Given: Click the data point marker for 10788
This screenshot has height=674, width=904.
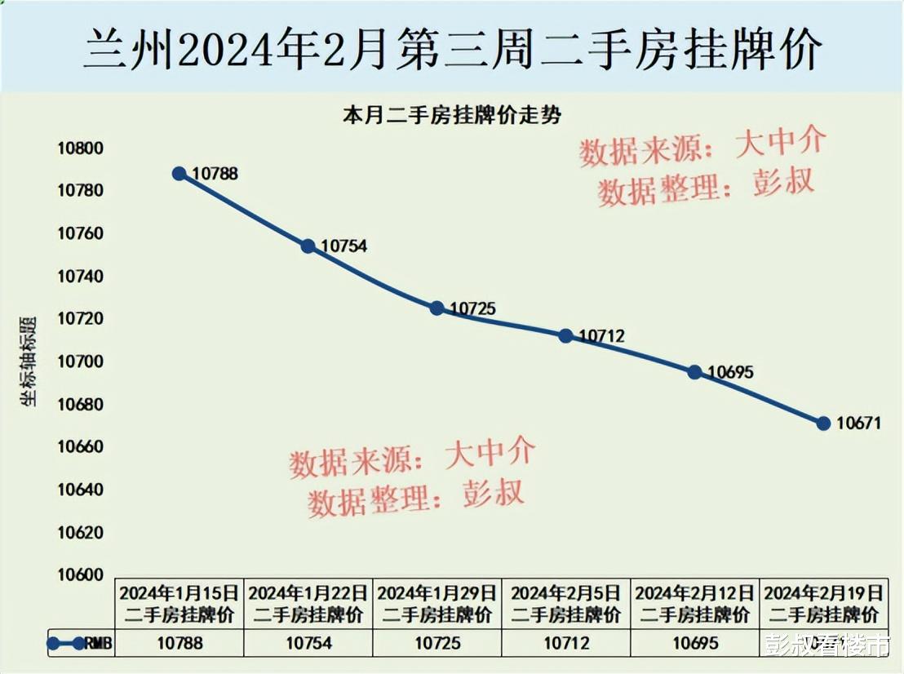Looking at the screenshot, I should click(x=179, y=173).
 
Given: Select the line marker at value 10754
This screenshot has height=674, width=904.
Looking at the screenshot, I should click(x=308, y=246).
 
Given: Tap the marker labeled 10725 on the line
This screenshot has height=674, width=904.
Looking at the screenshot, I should click(x=436, y=308).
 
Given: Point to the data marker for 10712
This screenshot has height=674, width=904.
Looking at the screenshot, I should click(x=565, y=335).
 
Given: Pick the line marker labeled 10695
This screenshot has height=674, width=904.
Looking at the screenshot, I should click(x=694, y=371).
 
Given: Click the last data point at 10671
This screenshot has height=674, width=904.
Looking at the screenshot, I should click(x=823, y=423).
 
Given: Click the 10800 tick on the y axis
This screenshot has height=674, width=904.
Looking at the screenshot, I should click(x=79, y=149).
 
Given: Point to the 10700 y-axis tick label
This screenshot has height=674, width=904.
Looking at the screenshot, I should click(x=79, y=361).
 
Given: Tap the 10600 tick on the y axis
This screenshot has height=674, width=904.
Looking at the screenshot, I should click(x=79, y=574).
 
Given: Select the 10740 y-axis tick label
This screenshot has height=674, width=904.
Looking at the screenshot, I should click(x=79, y=277).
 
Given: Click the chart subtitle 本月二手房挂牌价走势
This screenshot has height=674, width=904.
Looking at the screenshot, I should click(x=451, y=116).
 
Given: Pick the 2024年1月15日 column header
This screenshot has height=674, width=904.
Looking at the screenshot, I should click(x=179, y=603).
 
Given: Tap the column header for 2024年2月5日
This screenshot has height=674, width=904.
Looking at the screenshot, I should click(x=565, y=603).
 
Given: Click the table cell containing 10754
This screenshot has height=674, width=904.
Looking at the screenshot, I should click(x=308, y=643).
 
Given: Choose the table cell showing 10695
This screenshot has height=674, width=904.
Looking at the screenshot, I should click(x=695, y=643).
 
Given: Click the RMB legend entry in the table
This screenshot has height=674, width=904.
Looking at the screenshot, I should click(x=80, y=643).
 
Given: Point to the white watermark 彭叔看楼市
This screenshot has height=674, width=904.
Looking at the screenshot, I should click(x=826, y=645).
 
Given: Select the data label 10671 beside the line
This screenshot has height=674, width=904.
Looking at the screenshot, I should click(x=859, y=423).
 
